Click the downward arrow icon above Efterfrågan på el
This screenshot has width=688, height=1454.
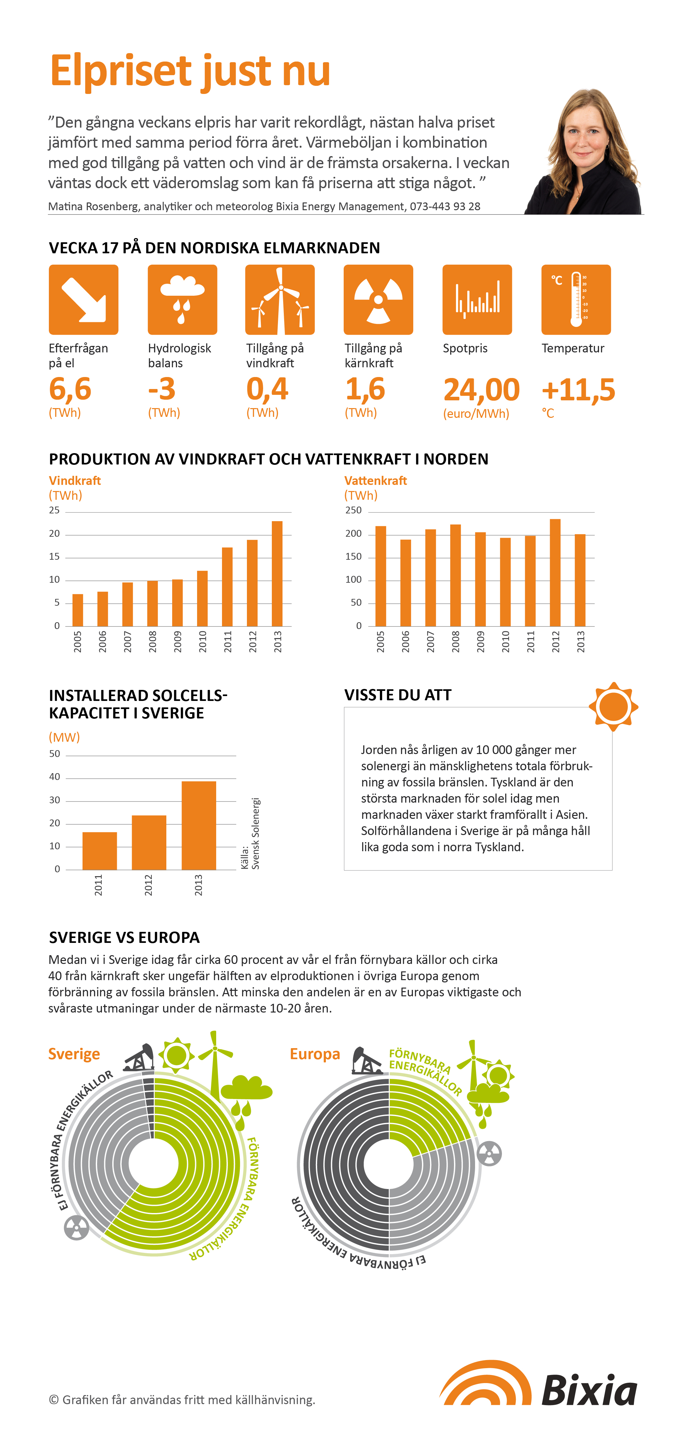pyautogui.click(x=83, y=300)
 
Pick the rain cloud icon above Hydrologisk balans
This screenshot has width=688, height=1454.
pyautogui.click(x=182, y=300)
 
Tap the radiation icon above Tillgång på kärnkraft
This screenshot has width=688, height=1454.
pyautogui.click(x=378, y=300)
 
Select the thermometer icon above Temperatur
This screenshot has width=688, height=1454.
pyautogui.click(x=576, y=300)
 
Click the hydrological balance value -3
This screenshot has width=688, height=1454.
pyautogui.click(x=162, y=389)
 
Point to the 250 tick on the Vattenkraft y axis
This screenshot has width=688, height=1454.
pyautogui.click(x=354, y=510)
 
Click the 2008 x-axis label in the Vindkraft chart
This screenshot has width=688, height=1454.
pyautogui.click(x=152, y=642)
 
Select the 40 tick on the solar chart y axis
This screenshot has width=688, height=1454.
pyautogui.click(x=55, y=777)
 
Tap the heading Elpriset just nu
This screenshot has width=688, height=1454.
pyautogui.click(x=190, y=71)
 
